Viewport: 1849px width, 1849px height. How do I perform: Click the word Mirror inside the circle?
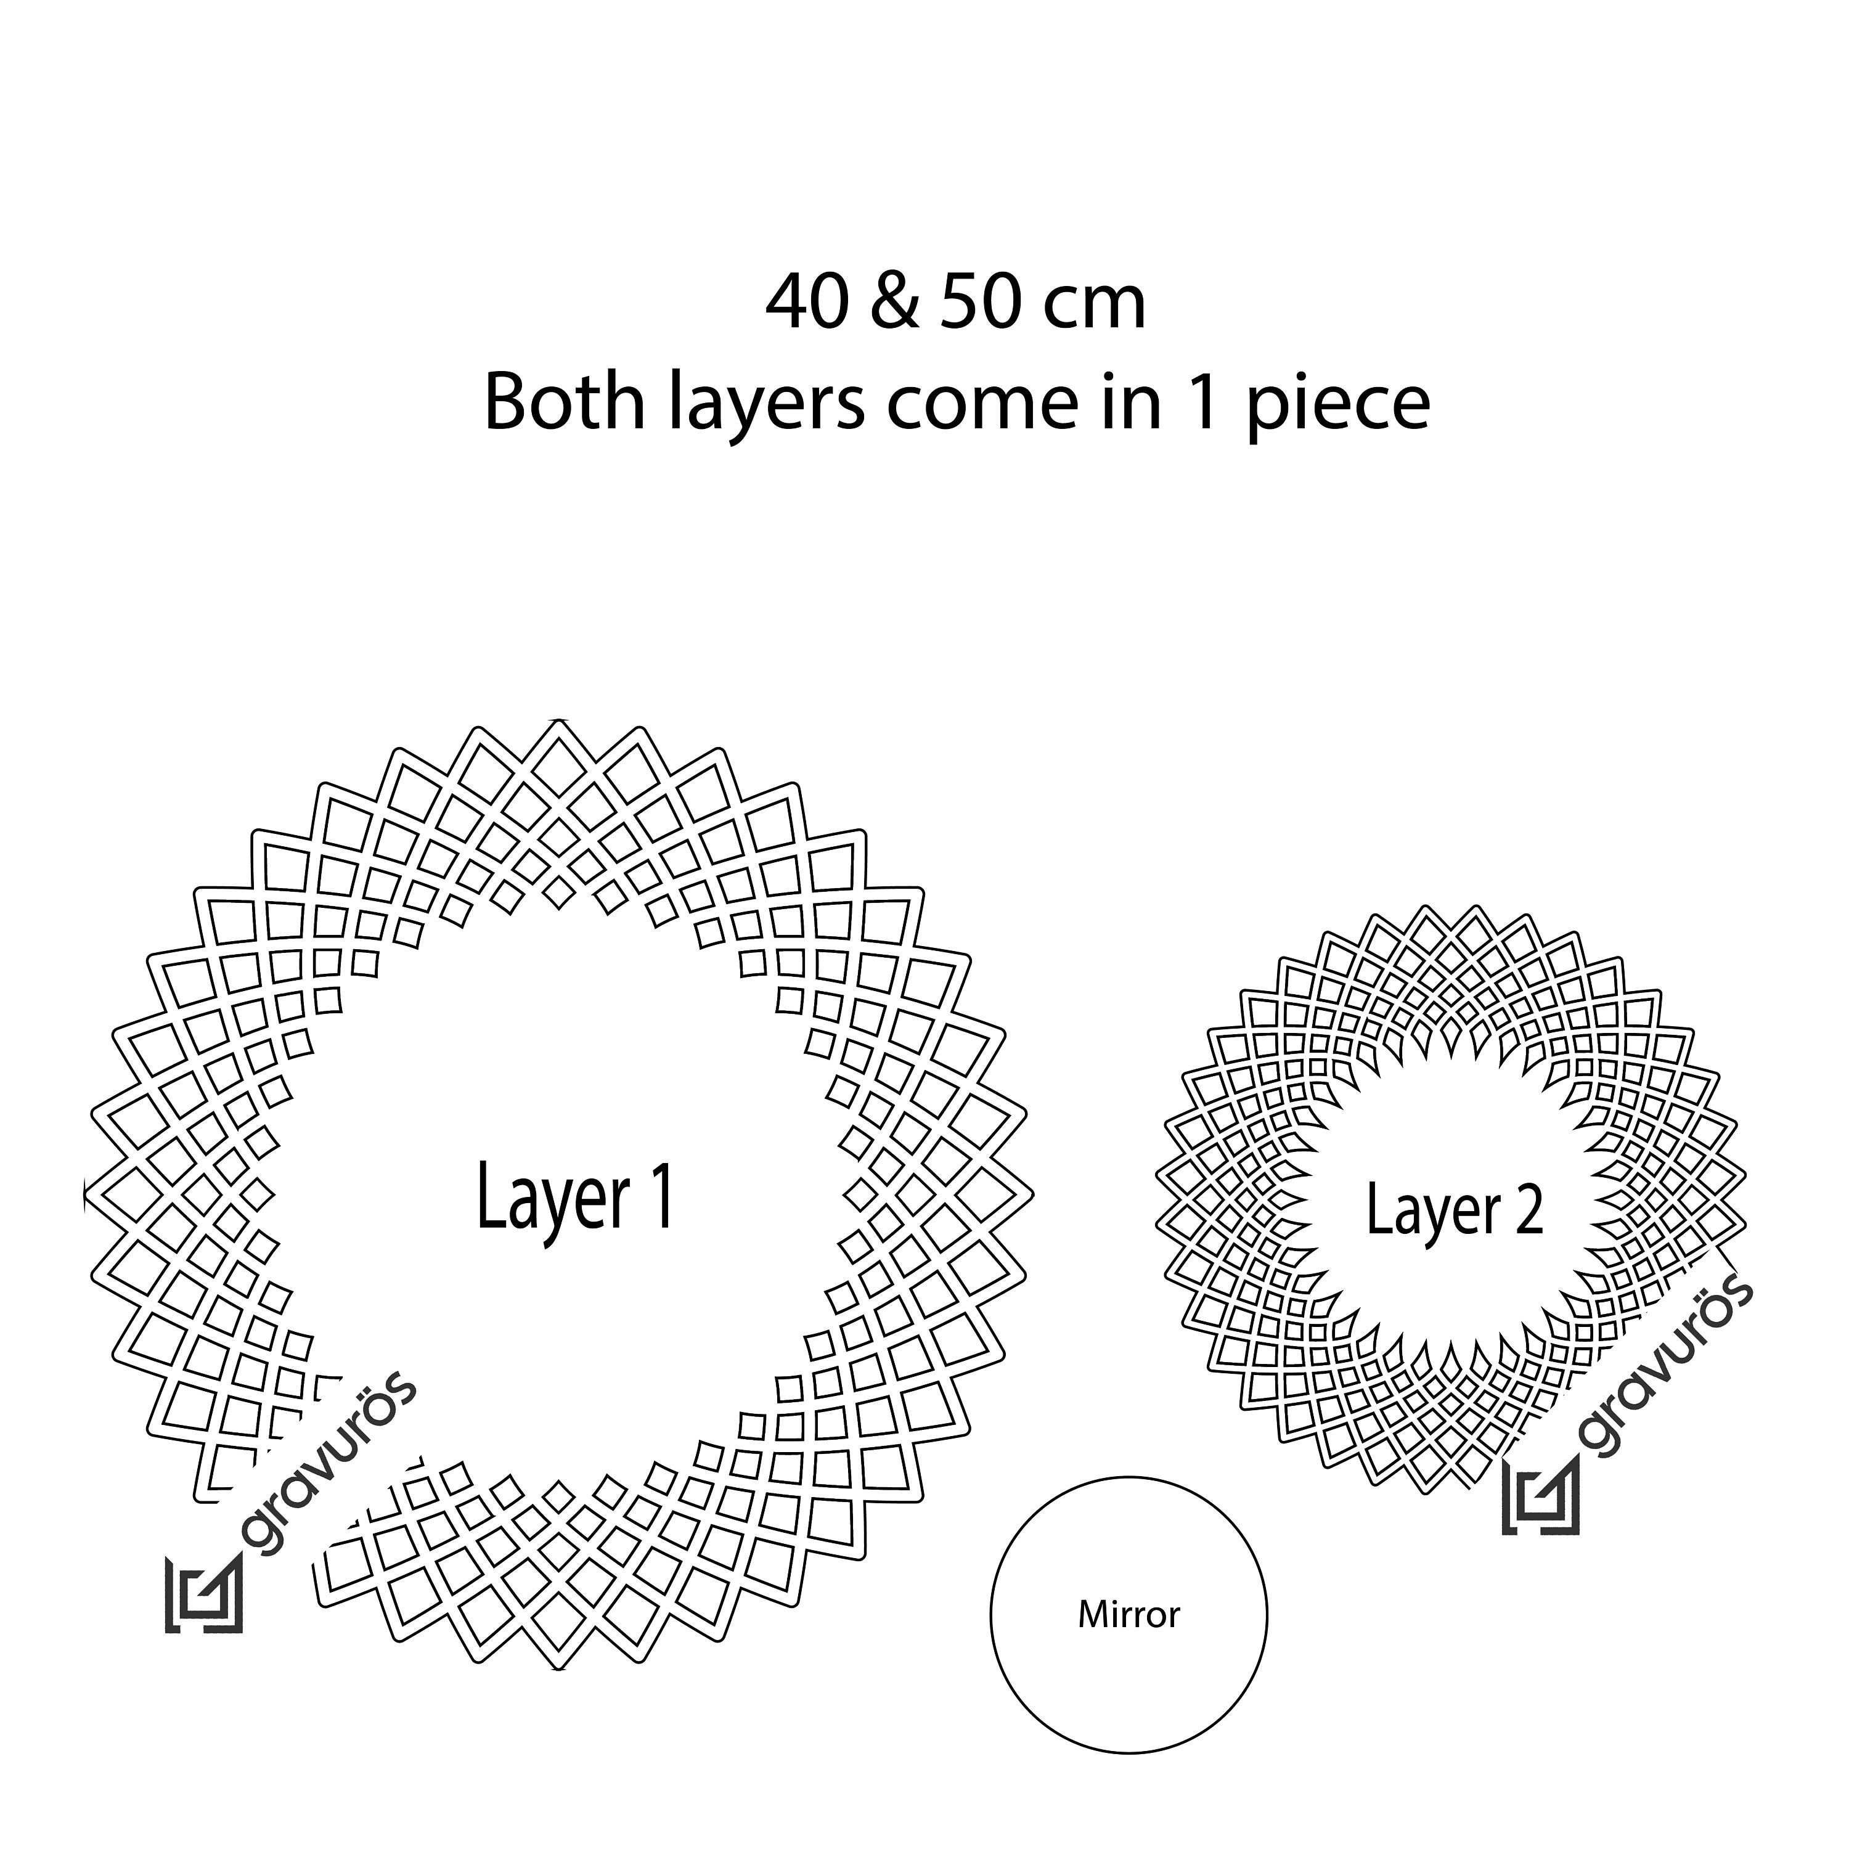click(x=1129, y=1615)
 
